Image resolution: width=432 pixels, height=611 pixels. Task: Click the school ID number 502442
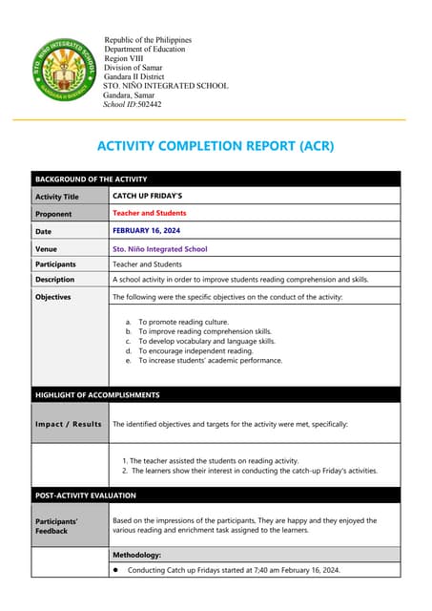point(148,104)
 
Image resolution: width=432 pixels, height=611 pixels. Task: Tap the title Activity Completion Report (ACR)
point(216,147)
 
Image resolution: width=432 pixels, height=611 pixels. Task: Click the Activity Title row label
point(57,197)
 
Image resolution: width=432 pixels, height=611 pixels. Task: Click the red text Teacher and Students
point(150,213)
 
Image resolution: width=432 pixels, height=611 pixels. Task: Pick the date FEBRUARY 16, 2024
point(146,231)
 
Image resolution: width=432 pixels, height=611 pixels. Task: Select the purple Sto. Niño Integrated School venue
point(159,249)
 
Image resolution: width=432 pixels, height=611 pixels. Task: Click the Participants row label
point(55,263)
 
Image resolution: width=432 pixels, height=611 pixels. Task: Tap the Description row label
point(54,280)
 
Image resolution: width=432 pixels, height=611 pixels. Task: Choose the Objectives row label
point(53,297)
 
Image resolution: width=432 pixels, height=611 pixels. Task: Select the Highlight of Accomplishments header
point(97,394)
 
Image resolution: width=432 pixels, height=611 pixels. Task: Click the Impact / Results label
point(68,424)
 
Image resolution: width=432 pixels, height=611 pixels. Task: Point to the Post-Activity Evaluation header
point(86,495)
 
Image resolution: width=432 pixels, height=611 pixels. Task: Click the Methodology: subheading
point(137,554)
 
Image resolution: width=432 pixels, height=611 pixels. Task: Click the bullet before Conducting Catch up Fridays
point(116,570)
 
